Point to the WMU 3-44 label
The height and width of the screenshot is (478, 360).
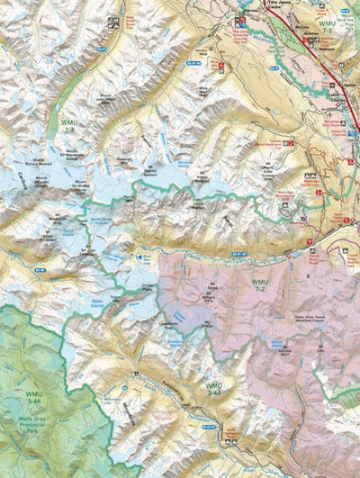[x=214, y=389]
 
